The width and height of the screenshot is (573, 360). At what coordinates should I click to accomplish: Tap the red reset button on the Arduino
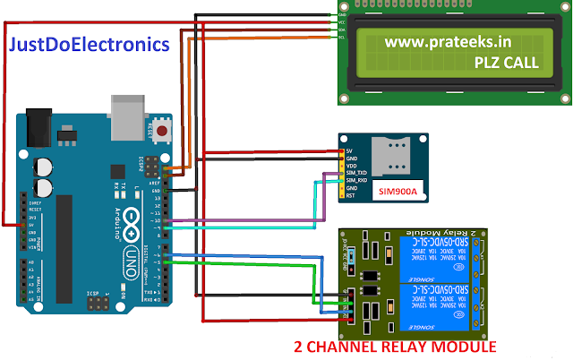pos(163,132)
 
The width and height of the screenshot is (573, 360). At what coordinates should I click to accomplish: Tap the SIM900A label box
pos(398,191)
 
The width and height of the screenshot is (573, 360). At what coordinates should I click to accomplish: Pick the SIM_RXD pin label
pos(356,180)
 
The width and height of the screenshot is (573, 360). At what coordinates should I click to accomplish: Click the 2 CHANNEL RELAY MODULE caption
pos(396,347)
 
